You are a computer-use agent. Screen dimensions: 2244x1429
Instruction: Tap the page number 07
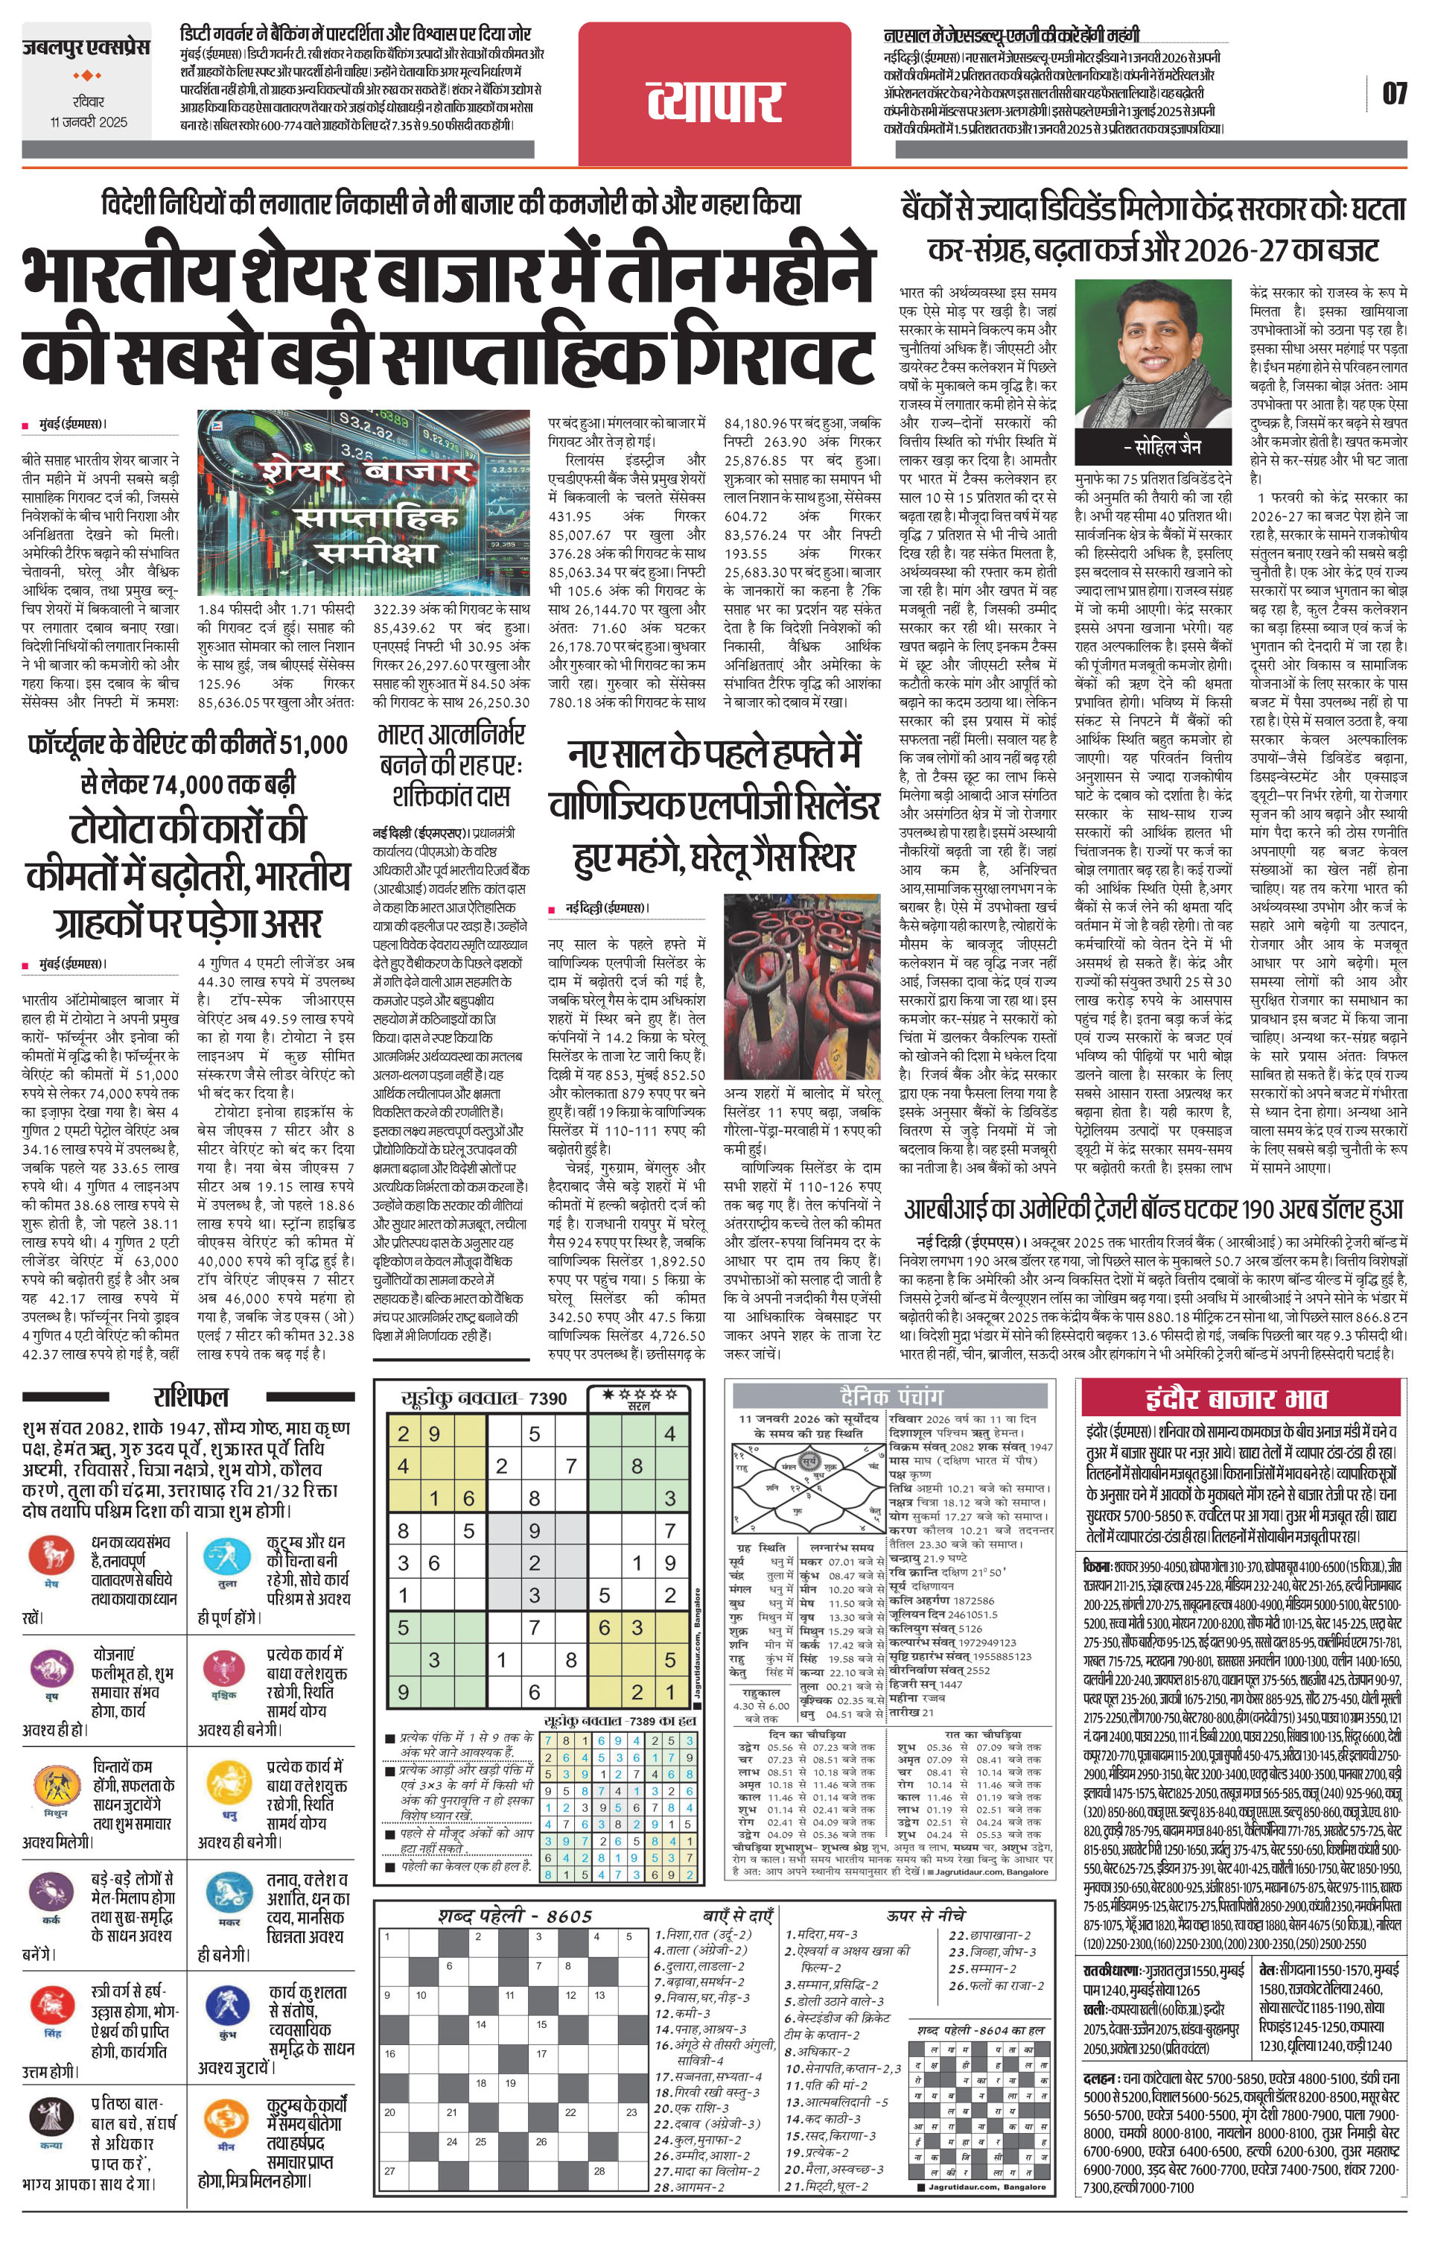click(1395, 93)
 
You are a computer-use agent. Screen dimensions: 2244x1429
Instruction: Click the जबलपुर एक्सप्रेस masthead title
click(86, 47)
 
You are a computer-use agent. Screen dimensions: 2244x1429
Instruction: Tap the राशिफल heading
click(190, 1396)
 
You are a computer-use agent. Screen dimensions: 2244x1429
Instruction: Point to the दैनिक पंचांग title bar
click(891, 1395)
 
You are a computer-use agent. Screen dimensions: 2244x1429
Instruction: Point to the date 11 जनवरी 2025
click(89, 122)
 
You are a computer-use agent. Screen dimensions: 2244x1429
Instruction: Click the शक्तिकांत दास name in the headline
click(451, 796)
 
